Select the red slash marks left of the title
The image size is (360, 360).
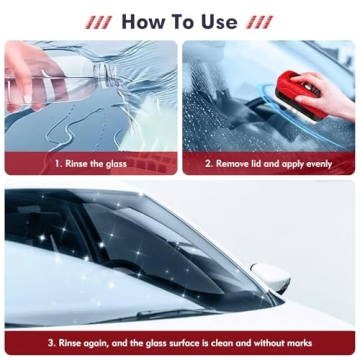point(100,21)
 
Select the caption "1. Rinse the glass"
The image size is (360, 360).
point(91,163)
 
